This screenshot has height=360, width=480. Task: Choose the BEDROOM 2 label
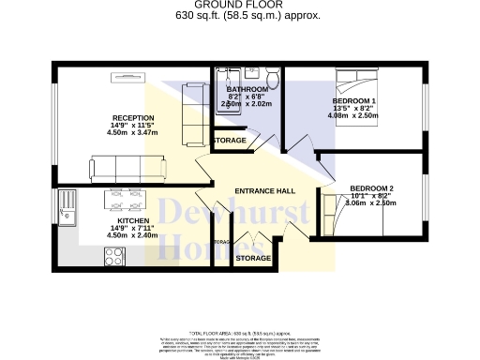tap(371, 188)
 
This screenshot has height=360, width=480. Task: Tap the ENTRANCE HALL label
tap(271, 191)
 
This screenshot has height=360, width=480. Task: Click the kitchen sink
tap(67, 204)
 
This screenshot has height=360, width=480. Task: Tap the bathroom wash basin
tap(248, 75)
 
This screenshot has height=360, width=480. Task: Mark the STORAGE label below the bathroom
tap(231, 141)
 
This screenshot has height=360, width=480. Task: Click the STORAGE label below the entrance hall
tap(253, 257)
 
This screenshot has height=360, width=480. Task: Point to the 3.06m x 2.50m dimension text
tap(371, 202)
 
